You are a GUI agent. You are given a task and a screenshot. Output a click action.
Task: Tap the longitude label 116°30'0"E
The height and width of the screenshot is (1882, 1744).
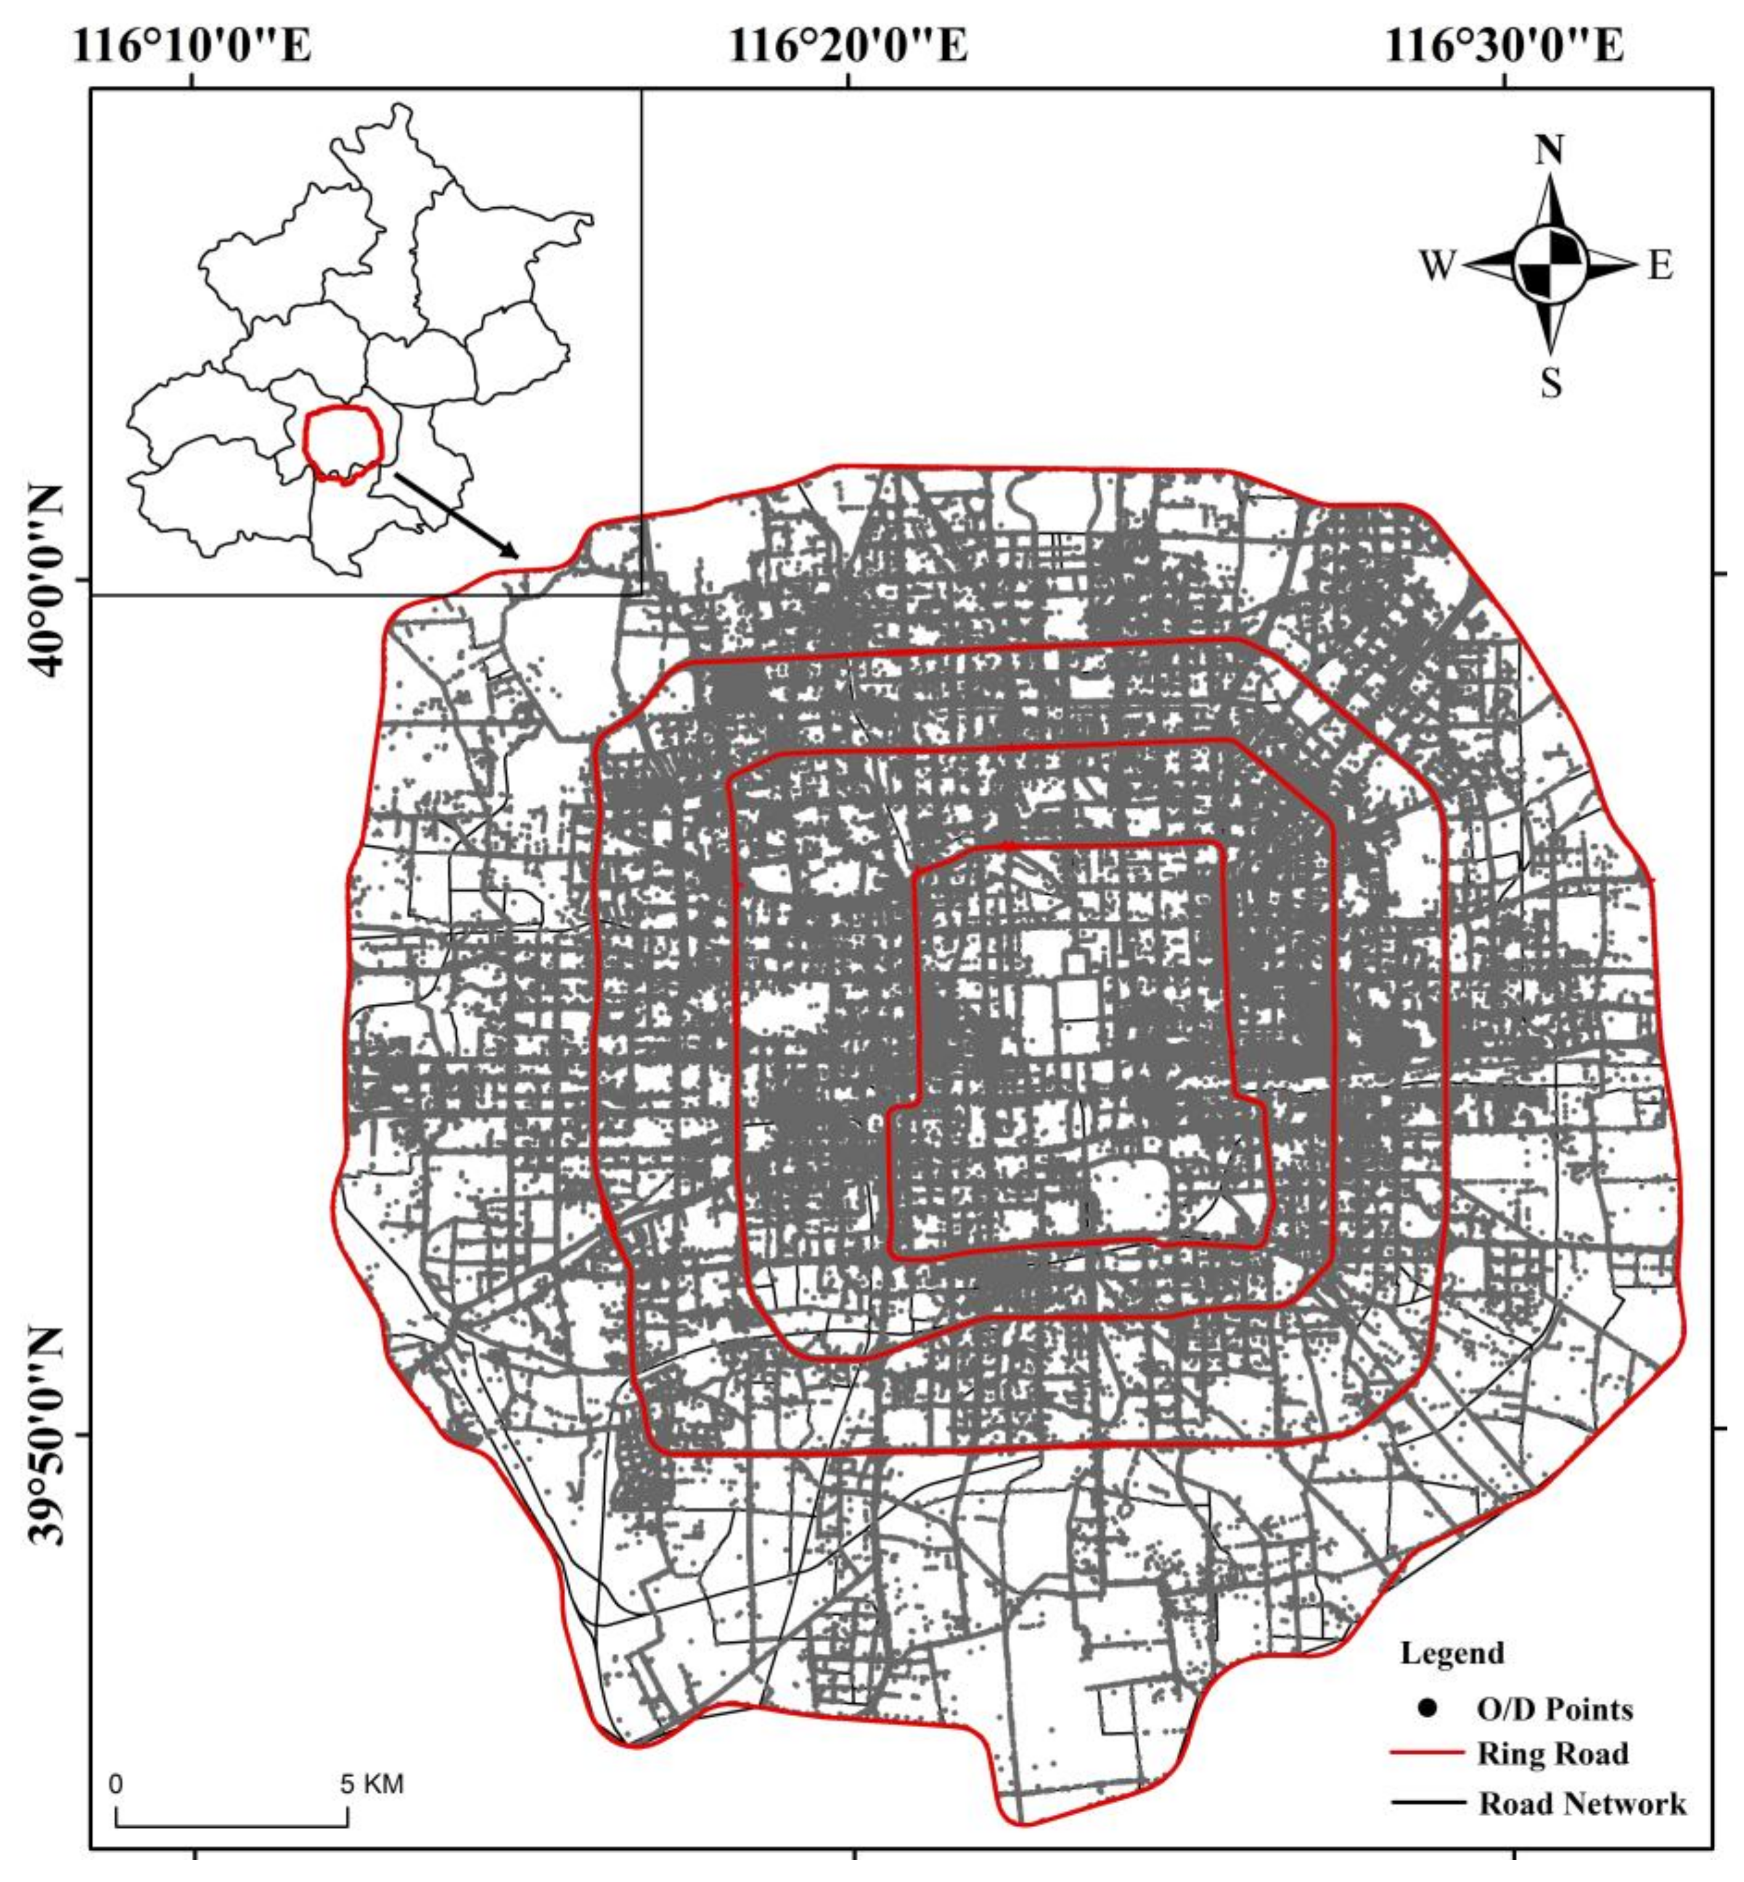1504,45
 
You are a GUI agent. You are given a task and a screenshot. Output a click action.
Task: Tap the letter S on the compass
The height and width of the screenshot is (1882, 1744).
1550,383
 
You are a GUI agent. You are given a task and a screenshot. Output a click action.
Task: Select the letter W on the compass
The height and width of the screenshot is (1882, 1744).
1438,266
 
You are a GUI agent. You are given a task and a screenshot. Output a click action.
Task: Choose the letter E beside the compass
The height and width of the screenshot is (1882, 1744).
1660,266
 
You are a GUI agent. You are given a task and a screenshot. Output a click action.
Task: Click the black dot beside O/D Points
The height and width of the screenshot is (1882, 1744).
1428,1708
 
